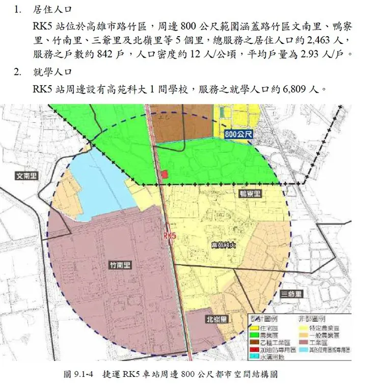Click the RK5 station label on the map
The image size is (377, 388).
(x=169, y=236)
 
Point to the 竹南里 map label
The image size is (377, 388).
(x=120, y=265)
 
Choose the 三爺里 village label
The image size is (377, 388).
(x=291, y=294)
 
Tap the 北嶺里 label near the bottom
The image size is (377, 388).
(x=217, y=319)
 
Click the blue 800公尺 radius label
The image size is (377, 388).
(x=238, y=134)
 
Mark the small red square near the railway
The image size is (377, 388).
(x=164, y=174)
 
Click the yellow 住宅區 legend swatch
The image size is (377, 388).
(x=254, y=328)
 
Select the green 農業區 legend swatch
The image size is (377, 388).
(x=254, y=335)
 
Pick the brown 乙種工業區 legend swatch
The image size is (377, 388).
(x=254, y=343)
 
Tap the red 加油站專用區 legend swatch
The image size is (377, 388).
(x=254, y=350)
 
